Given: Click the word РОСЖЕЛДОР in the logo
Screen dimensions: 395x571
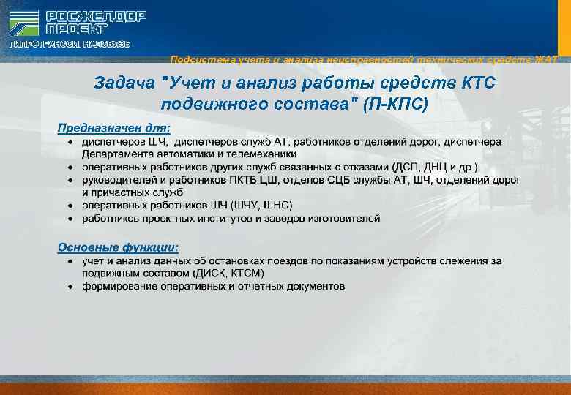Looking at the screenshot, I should [x=96, y=16].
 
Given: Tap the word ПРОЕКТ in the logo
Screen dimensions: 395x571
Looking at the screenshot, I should [x=77, y=30].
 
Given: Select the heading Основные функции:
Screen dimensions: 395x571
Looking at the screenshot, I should [x=117, y=247].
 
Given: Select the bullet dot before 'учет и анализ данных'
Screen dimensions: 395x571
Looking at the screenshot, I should [x=70, y=260].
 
